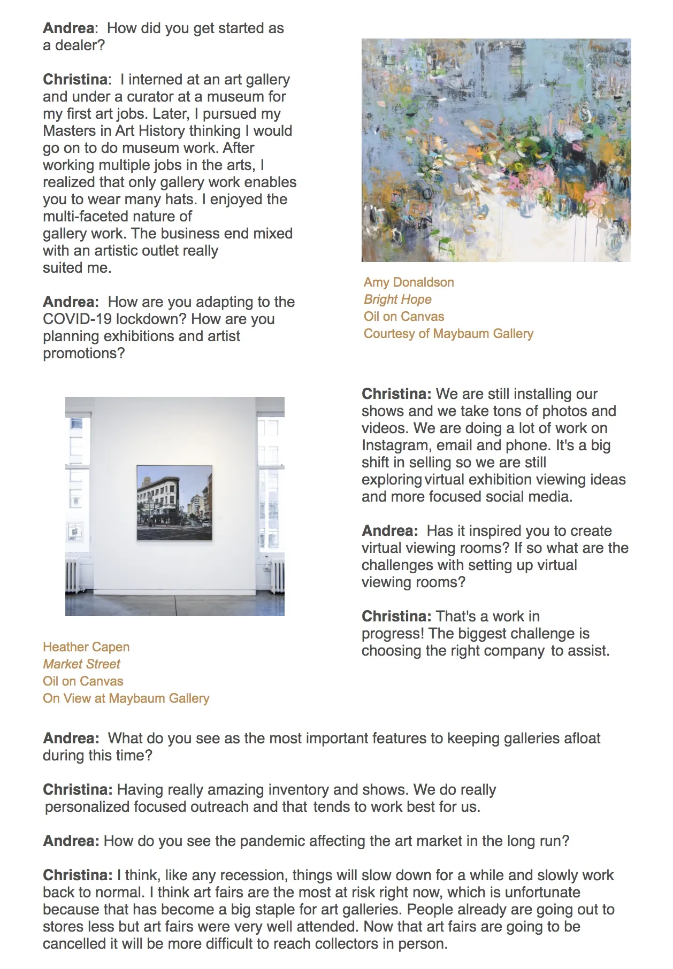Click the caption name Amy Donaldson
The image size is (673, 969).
point(409,282)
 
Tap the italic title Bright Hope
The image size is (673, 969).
point(397,299)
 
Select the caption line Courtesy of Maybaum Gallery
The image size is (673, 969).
point(448,334)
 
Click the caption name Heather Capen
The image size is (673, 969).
point(86,647)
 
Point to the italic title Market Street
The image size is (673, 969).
point(81,664)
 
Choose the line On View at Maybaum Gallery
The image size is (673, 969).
point(126,698)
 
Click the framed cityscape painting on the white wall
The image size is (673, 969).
point(174,503)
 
